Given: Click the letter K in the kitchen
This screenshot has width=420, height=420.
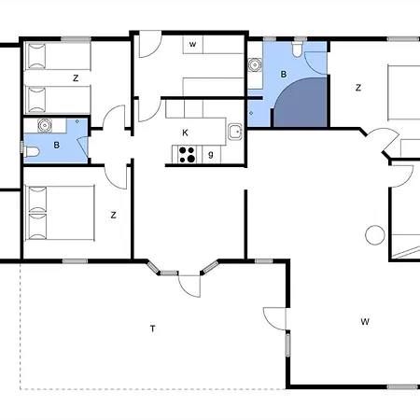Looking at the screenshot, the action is click(x=185, y=133).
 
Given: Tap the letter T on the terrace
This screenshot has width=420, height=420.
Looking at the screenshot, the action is click(x=152, y=329).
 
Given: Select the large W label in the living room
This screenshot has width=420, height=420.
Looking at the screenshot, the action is click(x=365, y=321).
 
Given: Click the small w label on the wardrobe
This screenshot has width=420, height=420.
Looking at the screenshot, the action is click(x=192, y=44).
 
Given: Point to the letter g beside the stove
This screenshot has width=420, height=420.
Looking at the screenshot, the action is click(x=211, y=154).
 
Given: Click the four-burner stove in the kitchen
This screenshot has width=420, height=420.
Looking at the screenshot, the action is click(x=188, y=155).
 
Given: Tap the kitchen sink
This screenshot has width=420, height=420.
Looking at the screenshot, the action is click(x=235, y=132).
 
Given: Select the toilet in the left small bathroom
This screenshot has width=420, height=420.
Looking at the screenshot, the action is click(x=32, y=152).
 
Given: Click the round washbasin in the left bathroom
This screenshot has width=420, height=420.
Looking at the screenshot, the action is click(x=45, y=125).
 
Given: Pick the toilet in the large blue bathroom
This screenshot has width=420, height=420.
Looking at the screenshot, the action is click(x=297, y=49).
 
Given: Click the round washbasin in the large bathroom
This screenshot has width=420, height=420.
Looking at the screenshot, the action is click(x=255, y=65).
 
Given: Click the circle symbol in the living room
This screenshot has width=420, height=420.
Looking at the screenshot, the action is click(x=375, y=235).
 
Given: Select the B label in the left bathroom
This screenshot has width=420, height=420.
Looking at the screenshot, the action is click(x=56, y=145).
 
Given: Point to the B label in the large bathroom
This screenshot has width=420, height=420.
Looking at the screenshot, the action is click(x=284, y=75).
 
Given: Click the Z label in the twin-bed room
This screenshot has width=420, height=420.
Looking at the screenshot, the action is click(x=76, y=78).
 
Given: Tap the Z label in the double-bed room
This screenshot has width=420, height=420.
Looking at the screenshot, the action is click(x=113, y=215).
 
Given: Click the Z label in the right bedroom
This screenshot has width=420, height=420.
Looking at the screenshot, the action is click(x=358, y=88).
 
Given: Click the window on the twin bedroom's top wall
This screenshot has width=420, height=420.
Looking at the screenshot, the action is click(x=76, y=39).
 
